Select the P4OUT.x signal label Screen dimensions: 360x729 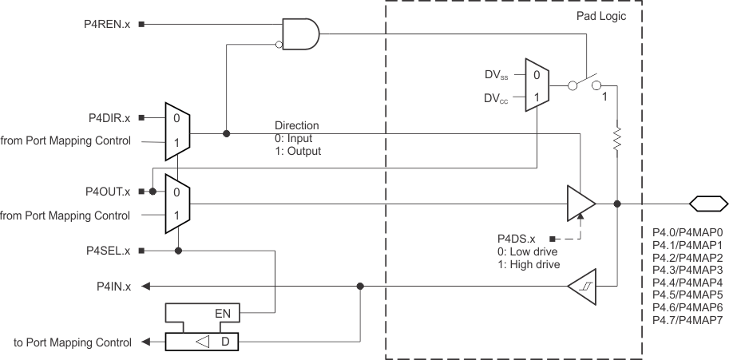coord(109,192)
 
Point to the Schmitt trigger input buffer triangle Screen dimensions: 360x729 coord(580,285)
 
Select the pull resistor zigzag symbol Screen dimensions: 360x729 coord(616,139)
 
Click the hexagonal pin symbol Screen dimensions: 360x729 coord(708,204)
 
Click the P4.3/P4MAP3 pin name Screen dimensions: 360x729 coord(687,271)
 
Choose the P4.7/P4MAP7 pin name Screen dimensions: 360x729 coord(687,320)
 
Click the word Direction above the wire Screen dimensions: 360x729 coord(297,126)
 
